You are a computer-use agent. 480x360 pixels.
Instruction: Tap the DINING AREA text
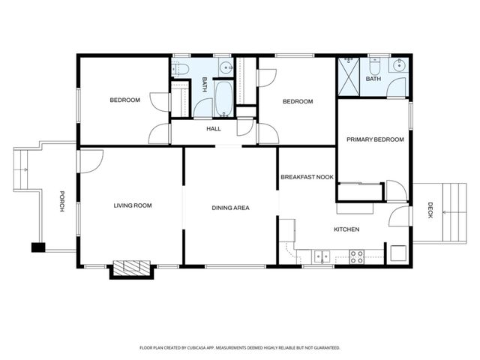pyautogui.click(x=230, y=208)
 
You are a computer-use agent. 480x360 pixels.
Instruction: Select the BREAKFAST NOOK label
pyautogui.click(x=307, y=177)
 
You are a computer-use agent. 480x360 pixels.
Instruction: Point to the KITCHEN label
pyautogui.click(x=346, y=229)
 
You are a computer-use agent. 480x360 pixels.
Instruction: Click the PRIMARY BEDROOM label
pyautogui.click(x=375, y=139)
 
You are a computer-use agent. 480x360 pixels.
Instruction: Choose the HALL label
pyautogui.click(x=214, y=129)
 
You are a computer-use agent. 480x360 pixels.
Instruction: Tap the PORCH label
pyautogui.click(x=63, y=201)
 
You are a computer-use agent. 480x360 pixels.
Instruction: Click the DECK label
pyautogui.click(x=430, y=208)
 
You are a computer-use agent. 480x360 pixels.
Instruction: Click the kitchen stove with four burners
pyautogui.click(x=357, y=256)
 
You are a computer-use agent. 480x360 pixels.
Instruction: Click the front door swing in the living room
pyautogui.click(x=89, y=159)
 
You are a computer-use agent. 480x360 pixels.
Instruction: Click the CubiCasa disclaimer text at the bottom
pyautogui.click(x=240, y=348)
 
